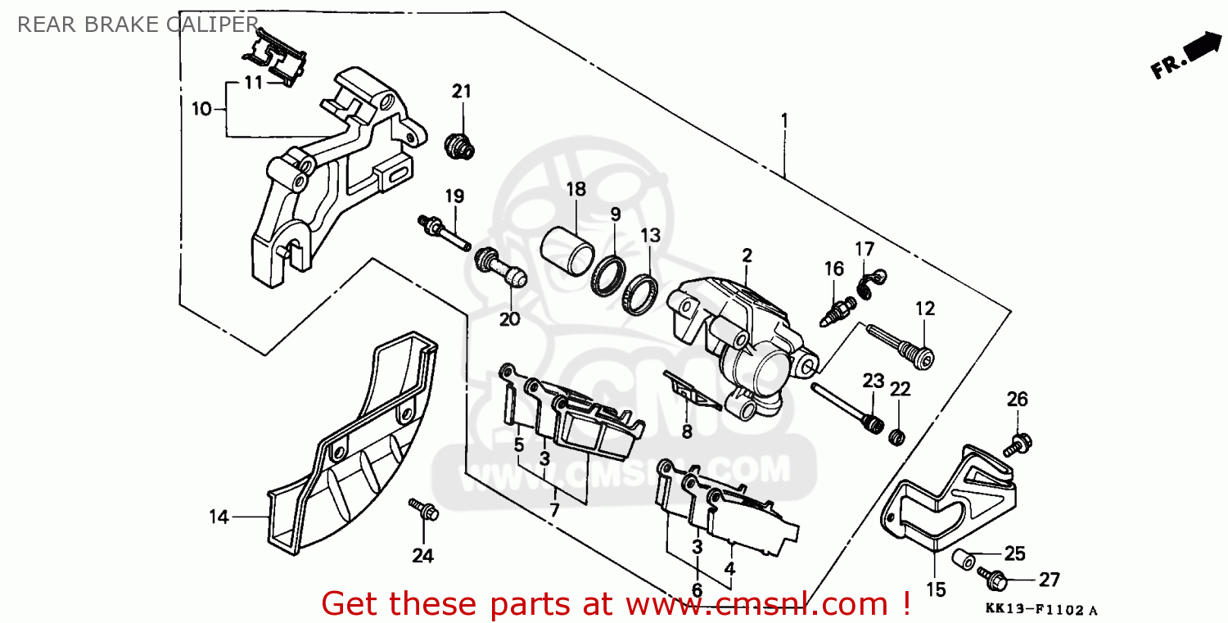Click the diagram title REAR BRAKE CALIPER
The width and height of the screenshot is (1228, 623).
pos(138,25)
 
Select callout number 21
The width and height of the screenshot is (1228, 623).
pos(462,91)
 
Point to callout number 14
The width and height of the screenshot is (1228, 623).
pos(218,517)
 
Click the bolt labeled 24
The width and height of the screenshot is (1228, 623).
pos(424,509)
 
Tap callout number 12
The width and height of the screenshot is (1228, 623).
pos(924,309)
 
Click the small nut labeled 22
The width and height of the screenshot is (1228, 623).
pos(896,436)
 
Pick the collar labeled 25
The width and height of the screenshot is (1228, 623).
pos(964,559)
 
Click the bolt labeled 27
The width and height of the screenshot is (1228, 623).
pos(994,580)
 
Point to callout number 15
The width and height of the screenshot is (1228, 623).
pos(936,589)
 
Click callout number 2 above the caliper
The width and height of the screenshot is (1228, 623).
pos(747,255)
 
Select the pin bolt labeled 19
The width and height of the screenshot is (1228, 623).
pos(443,231)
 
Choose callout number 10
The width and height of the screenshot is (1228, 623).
pos(201,109)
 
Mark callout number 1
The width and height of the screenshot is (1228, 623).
pos(783,120)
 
